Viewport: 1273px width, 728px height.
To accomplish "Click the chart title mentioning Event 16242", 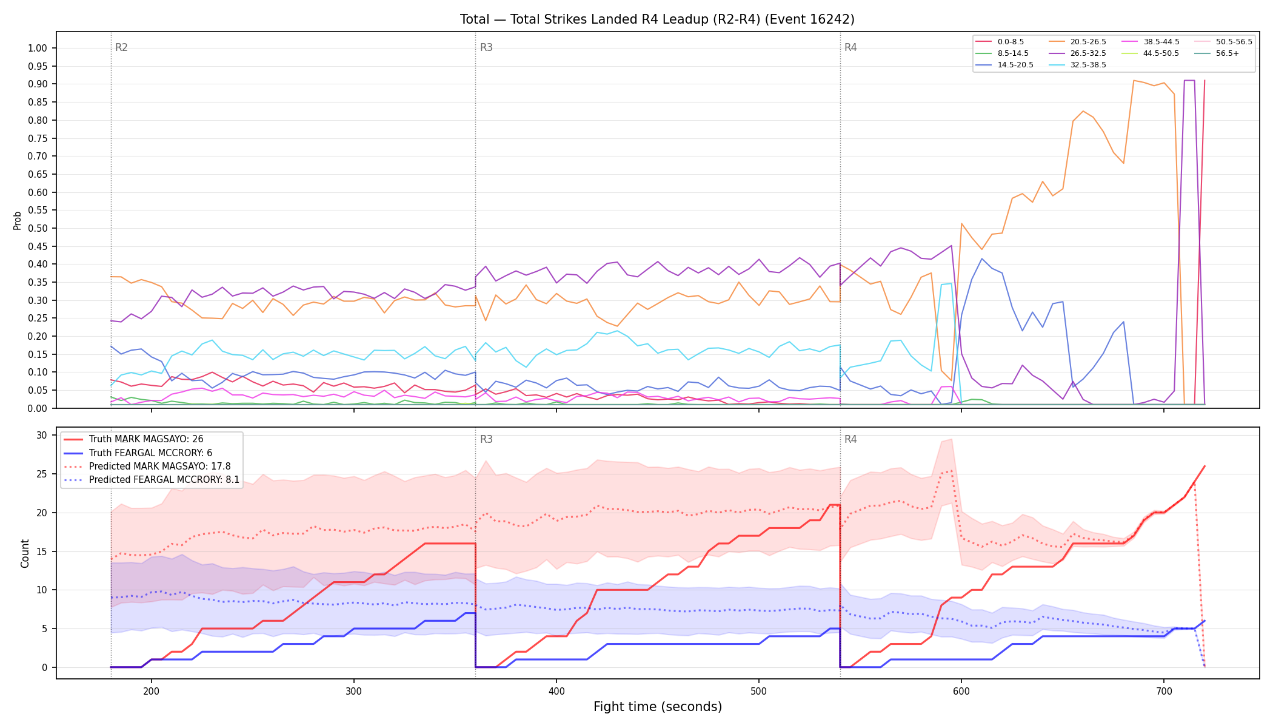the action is click(657, 19).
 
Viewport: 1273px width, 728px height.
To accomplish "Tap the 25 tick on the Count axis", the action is click(42, 474).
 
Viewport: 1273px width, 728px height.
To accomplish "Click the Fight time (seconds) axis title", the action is click(658, 707).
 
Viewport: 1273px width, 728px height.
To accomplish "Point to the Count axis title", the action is click(25, 553).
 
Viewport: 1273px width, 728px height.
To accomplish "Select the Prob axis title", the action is click(17, 220).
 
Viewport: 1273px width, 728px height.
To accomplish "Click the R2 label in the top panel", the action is click(121, 47).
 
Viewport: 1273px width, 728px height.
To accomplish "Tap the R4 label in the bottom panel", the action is click(850, 439).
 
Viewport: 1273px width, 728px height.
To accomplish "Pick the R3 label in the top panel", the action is click(486, 47).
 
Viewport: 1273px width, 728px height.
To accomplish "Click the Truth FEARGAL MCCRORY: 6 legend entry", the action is click(150, 453).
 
